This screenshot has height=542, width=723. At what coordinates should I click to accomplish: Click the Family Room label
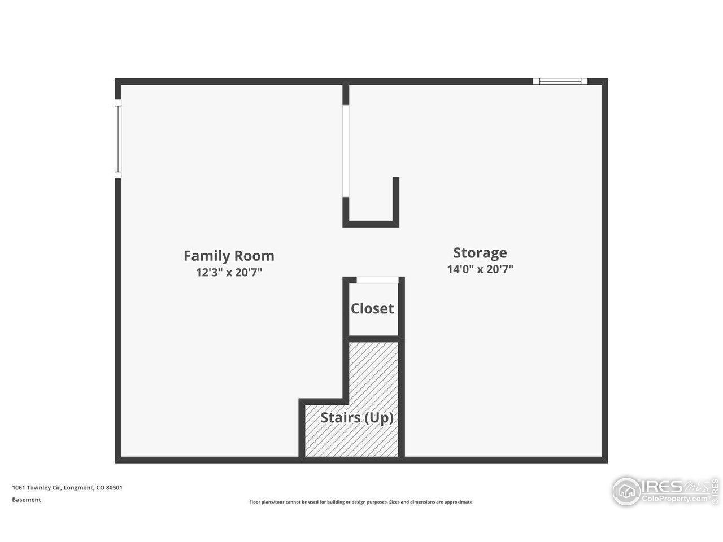click(x=229, y=256)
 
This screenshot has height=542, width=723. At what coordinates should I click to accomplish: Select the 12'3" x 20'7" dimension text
click(x=229, y=272)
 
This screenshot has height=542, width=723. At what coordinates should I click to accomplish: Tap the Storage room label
click(x=480, y=253)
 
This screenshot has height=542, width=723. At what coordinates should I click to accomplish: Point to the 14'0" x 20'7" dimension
click(x=480, y=269)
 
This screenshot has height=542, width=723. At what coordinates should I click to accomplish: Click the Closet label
click(x=372, y=309)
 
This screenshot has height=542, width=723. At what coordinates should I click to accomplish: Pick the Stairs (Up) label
click(x=357, y=418)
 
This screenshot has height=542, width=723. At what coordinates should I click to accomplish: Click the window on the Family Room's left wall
click(x=118, y=139)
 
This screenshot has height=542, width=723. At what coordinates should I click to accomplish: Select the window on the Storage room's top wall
click(x=560, y=81)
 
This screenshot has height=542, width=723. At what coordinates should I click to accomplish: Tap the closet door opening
click(x=377, y=280)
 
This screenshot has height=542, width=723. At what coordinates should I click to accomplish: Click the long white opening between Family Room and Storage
click(x=346, y=151)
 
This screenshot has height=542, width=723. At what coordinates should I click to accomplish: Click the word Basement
click(x=27, y=500)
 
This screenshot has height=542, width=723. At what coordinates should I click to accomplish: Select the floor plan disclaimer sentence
click(x=361, y=502)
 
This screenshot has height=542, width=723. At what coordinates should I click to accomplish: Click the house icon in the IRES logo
click(x=626, y=492)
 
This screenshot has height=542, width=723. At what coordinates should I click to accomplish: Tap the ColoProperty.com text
click(x=674, y=499)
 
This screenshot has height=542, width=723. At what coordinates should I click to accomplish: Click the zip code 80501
click(x=114, y=488)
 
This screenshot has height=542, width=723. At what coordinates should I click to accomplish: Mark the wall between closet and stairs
click(x=373, y=339)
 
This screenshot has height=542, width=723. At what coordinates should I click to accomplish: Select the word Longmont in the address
click(x=79, y=488)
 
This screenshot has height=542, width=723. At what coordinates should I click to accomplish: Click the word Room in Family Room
click(x=254, y=256)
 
